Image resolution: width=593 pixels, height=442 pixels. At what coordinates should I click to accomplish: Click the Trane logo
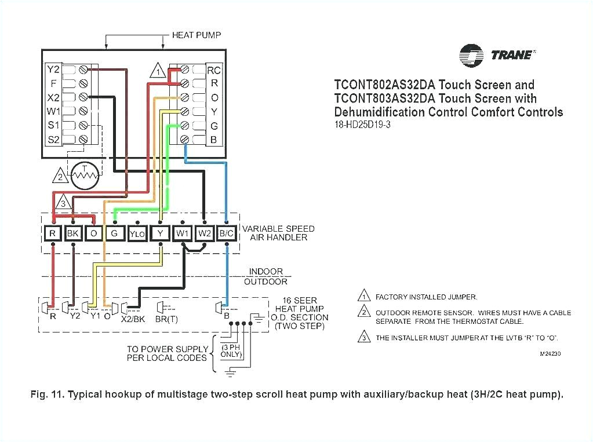(x=496, y=55)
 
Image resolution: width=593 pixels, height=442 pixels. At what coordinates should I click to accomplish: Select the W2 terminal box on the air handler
(x=204, y=233)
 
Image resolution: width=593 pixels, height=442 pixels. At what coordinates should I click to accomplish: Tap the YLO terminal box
(x=137, y=233)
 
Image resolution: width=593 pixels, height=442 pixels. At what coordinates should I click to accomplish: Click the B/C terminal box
(x=226, y=233)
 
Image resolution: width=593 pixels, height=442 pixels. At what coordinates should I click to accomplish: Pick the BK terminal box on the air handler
(x=73, y=233)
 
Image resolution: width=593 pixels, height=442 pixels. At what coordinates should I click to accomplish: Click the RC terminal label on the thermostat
(x=214, y=71)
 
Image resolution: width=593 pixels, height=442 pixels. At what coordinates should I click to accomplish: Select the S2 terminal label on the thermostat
(x=53, y=139)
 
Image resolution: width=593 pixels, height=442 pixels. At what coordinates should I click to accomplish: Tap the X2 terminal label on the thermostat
(x=53, y=97)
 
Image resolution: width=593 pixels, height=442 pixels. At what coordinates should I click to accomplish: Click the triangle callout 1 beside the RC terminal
(x=157, y=71)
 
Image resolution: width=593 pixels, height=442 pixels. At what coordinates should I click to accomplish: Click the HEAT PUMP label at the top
(x=196, y=35)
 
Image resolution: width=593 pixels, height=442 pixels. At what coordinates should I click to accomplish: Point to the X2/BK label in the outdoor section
(x=132, y=318)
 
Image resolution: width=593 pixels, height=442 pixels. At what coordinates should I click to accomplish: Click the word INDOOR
(x=266, y=271)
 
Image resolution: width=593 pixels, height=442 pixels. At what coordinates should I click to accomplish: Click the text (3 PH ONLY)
(x=231, y=350)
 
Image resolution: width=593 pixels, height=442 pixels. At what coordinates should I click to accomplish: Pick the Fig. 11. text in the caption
(x=47, y=394)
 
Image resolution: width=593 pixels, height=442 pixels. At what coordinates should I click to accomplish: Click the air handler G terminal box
(x=115, y=233)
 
